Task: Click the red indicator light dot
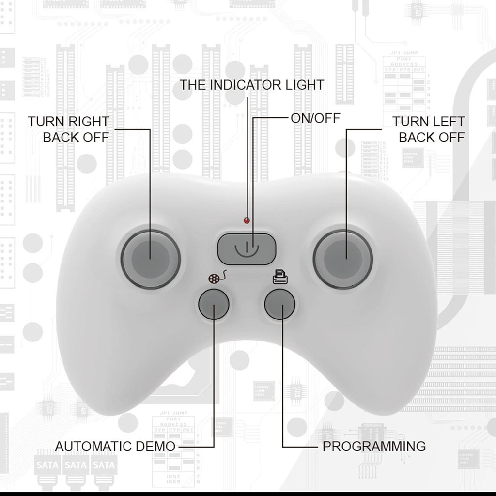247,221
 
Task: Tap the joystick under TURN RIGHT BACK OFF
151,259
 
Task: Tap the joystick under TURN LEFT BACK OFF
343,259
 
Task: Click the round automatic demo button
214,305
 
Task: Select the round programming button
280,305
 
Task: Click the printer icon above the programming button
280,278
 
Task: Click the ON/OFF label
315,118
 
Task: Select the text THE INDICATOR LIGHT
252,85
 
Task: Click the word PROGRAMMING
374,446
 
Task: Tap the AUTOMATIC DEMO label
115,446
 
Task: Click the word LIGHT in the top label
304,85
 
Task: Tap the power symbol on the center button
247,248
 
